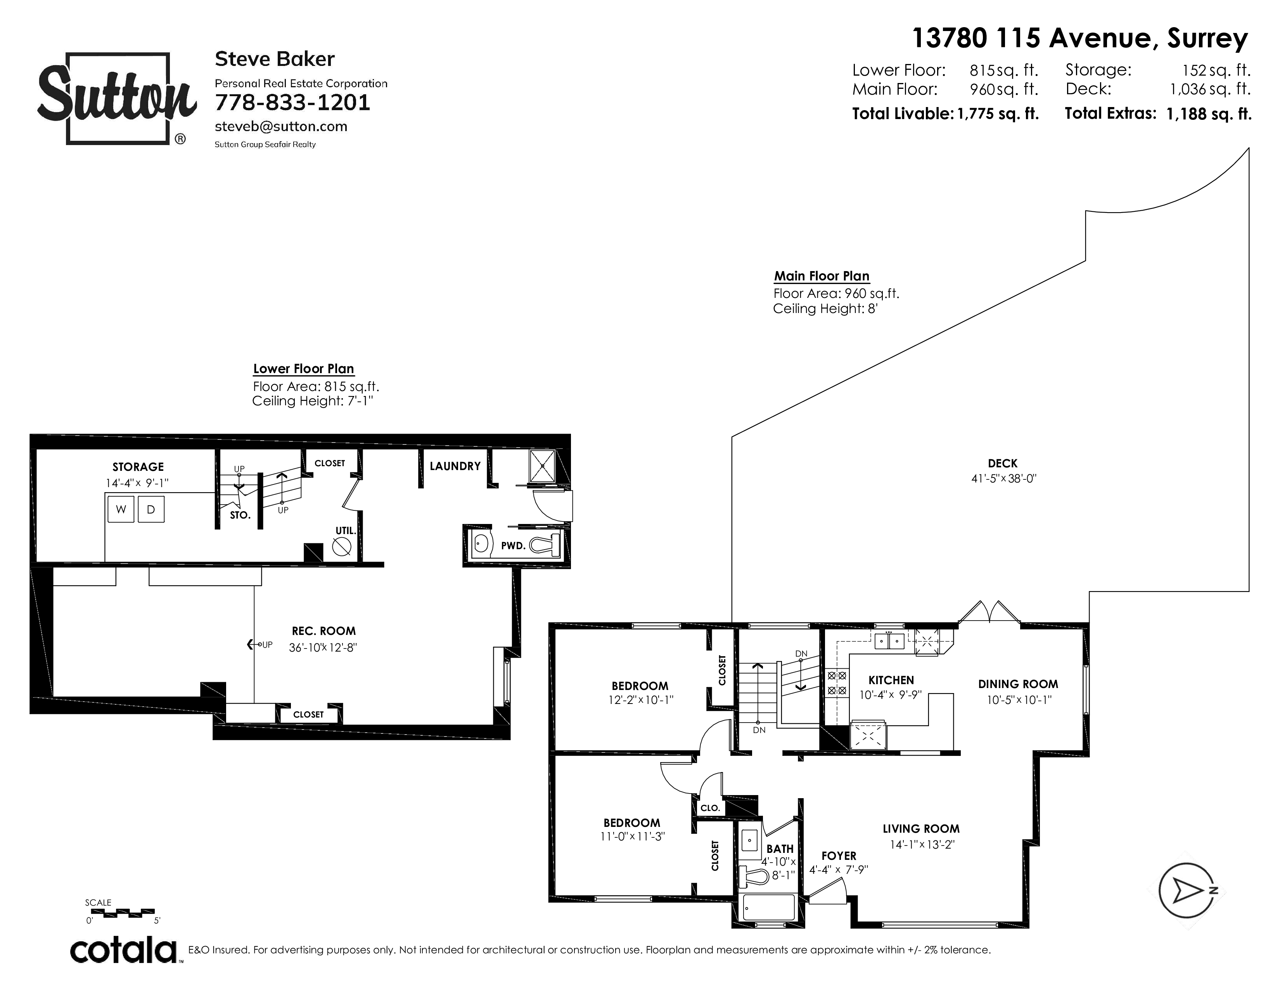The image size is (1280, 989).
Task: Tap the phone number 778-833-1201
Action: point(292,102)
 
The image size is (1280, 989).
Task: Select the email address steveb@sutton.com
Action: point(281,126)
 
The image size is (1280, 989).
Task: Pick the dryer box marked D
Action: point(150,509)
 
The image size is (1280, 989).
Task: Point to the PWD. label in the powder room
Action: point(513,545)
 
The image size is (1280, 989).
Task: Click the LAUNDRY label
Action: point(455,466)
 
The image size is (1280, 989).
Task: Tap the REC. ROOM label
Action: point(323,631)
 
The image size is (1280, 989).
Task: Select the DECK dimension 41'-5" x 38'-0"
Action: point(1003,478)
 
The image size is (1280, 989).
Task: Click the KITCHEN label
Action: point(891,680)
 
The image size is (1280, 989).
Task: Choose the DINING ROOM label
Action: point(1018,684)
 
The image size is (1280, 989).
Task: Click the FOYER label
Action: point(839,856)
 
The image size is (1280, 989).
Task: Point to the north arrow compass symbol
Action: point(1186,890)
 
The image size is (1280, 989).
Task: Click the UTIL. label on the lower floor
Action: point(345,531)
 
